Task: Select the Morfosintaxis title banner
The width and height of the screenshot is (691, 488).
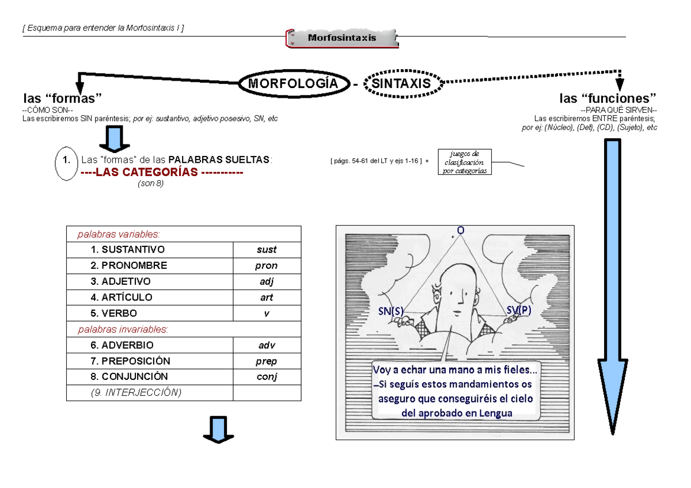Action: pyautogui.click(x=341, y=38)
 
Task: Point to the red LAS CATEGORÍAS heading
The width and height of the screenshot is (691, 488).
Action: pyautogui.click(x=162, y=172)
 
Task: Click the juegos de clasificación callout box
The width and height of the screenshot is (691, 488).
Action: pyautogui.click(x=465, y=162)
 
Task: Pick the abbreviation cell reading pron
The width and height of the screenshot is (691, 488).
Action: pyautogui.click(x=267, y=266)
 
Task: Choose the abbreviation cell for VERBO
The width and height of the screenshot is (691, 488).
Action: pyautogui.click(x=267, y=314)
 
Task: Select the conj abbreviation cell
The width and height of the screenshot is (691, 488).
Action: pyautogui.click(x=267, y=377)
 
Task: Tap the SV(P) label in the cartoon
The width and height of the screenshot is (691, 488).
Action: pyautogui.click(x=519, y=310)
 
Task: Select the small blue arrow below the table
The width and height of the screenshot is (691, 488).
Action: pyautogui.click(x=219, y=430)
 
